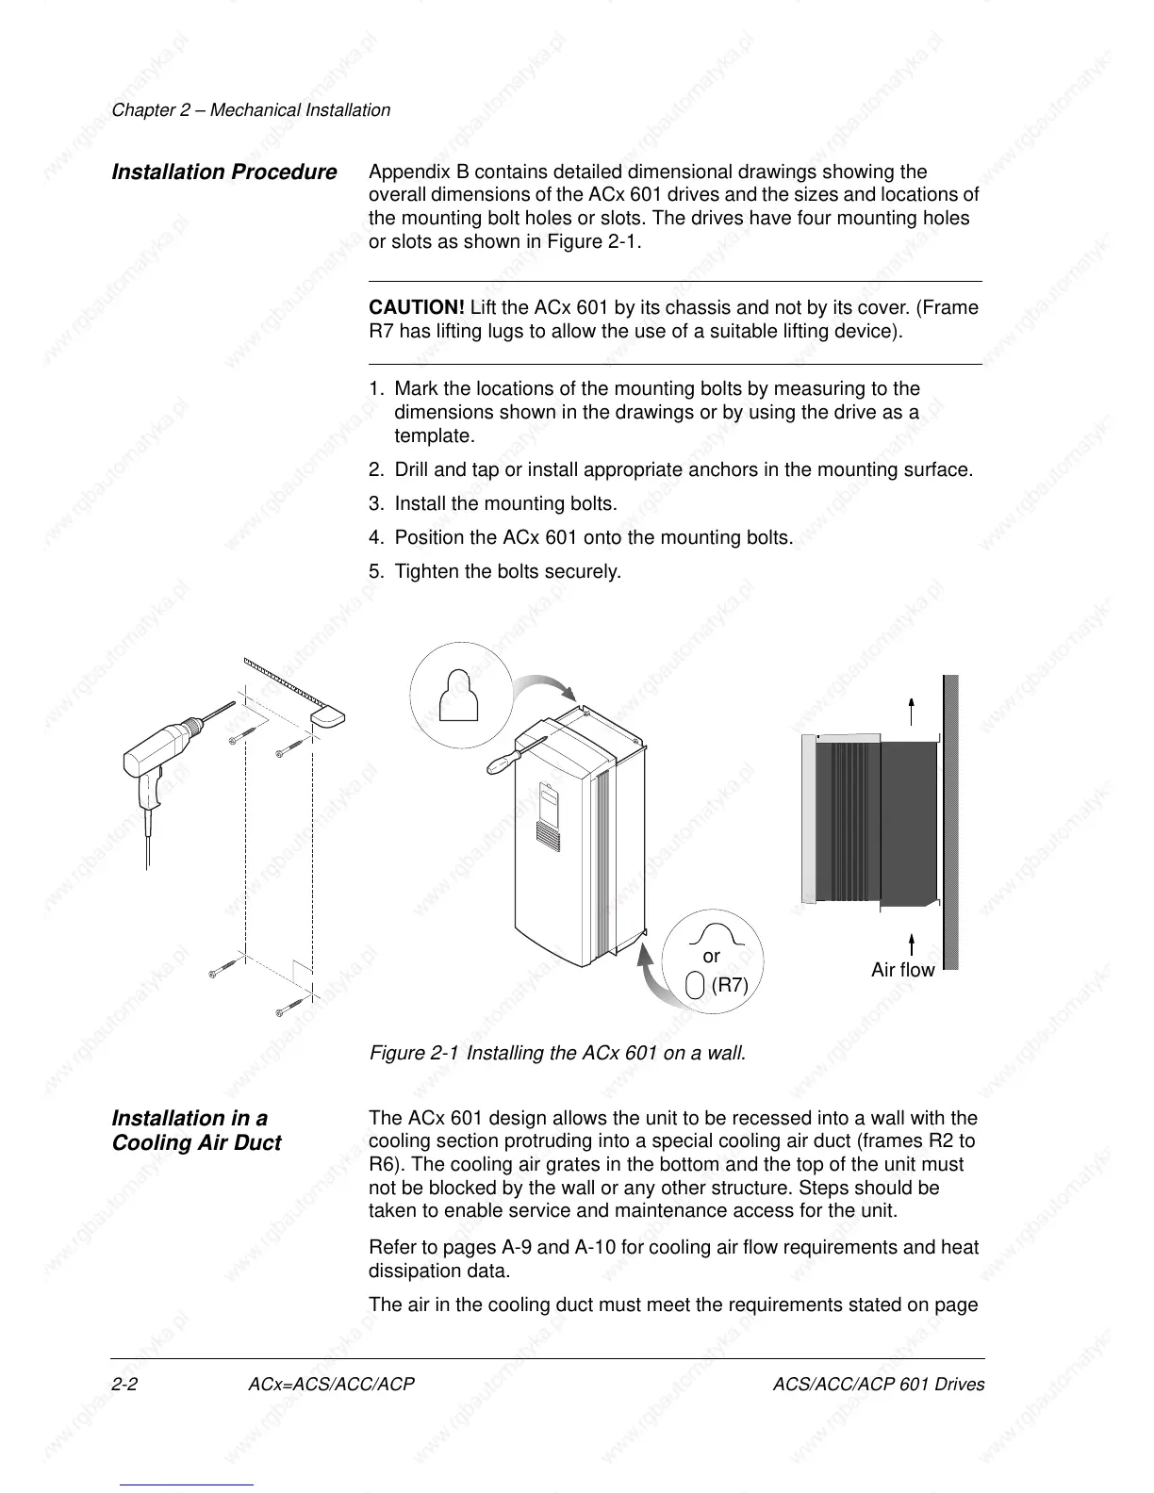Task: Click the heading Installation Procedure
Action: pos(223,172)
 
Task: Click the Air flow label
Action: pos(902,970)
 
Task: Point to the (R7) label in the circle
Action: pos(730,986)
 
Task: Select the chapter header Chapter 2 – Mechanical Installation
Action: pos(251,110)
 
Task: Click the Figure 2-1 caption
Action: pos(557,1053)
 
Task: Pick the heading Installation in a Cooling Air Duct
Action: pos(196,1130)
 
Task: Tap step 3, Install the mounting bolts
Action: pos(493,504)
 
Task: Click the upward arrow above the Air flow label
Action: pos(912,943)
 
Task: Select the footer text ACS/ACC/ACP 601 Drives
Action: pos(878,1385)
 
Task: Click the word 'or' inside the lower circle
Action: pos(712,957)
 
